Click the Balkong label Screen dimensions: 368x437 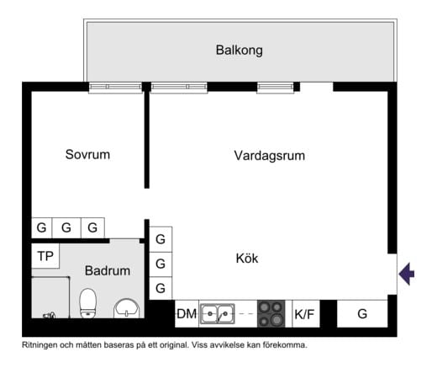tap(240, 51)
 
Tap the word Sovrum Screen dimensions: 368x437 tap(87, 155)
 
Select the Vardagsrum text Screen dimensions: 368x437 tap(269, 156)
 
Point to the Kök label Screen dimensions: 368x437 tap(246, 259)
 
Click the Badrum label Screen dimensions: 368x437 tap(108, 271)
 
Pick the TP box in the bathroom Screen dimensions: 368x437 tap(45, 256)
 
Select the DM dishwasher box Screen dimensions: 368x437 tap(186, 314)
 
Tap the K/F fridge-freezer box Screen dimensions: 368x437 tap(303, 314)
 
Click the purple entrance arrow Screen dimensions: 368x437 tap(407, 274)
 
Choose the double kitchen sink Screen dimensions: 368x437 tap(216, 314)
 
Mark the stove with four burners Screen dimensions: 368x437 tap(271, 314)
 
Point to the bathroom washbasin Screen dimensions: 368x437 tap(126, 309)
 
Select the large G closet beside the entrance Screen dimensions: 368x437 tap(362, 313)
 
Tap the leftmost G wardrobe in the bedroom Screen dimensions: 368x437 tap(41, 227)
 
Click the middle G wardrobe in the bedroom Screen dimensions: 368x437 tap(66, 227)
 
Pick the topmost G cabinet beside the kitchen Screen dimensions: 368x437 tap(161, 239)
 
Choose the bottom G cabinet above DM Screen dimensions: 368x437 tap(161, 288)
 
